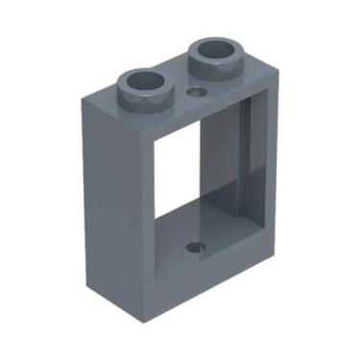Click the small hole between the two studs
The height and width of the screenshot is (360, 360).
199,92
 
